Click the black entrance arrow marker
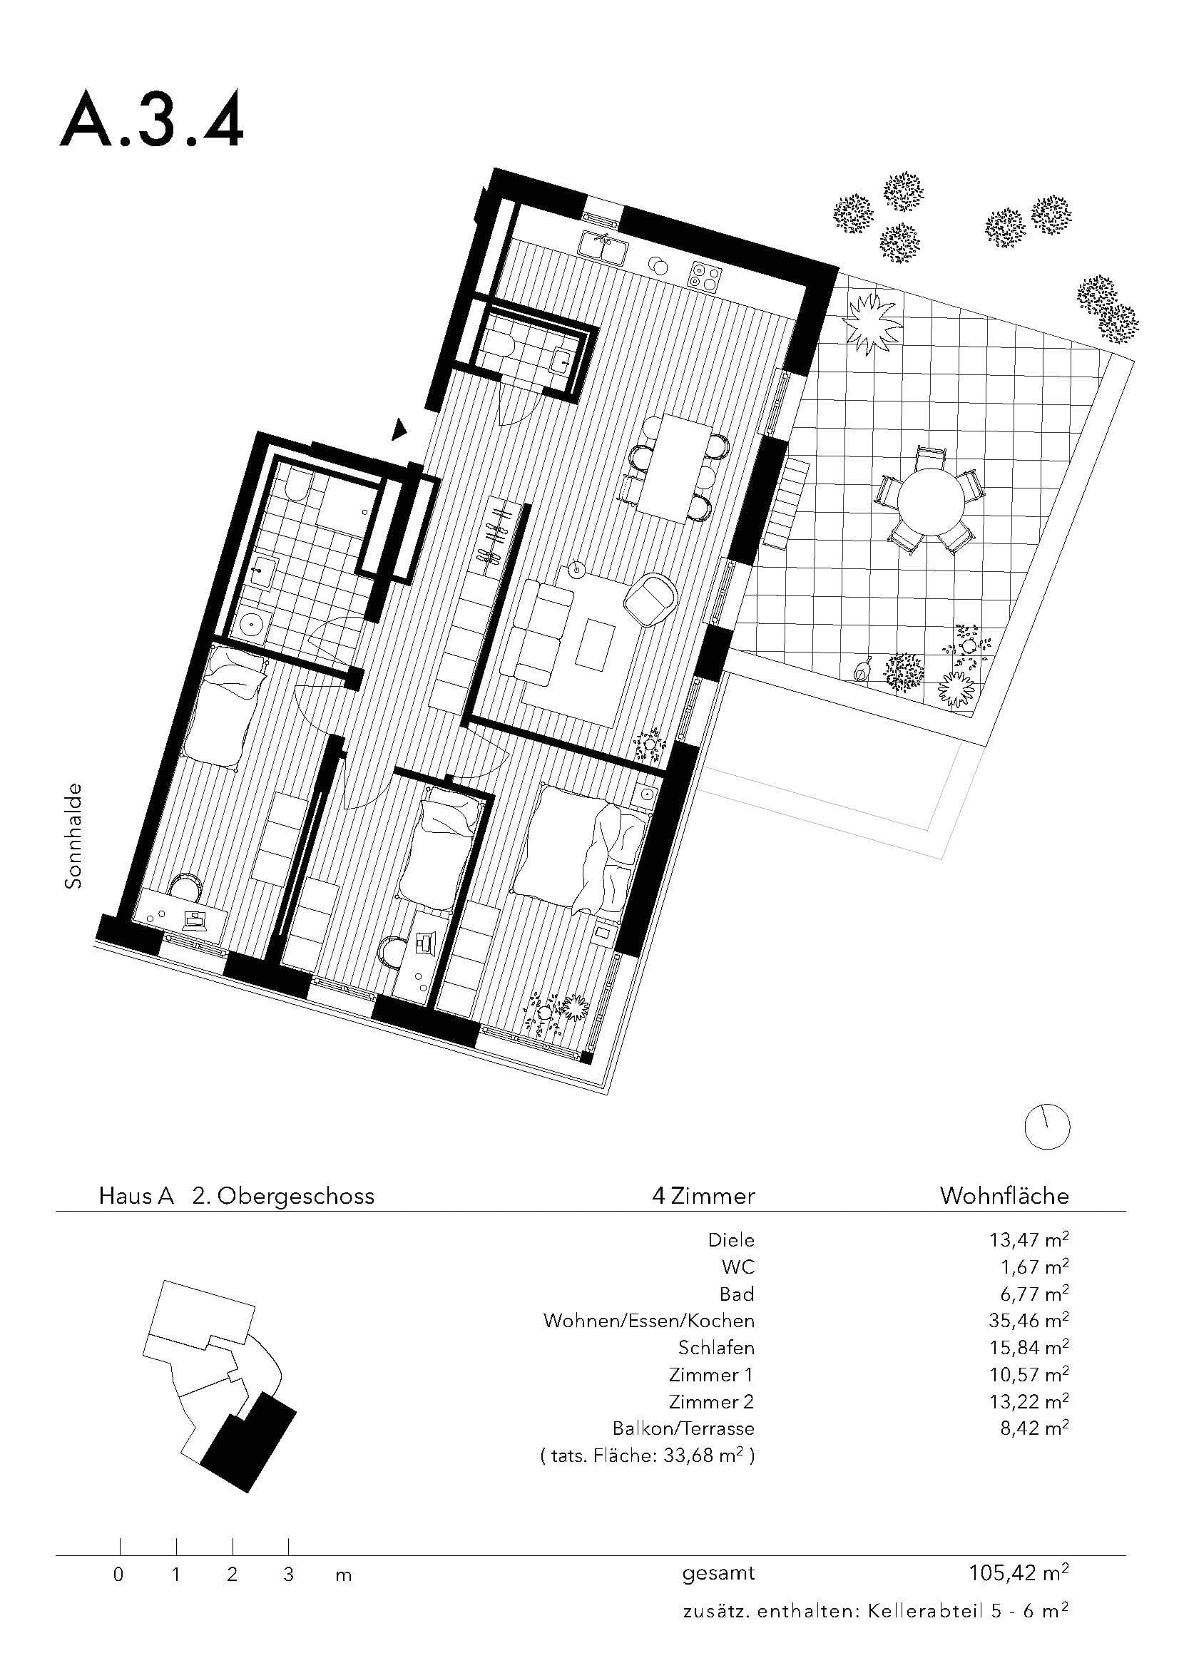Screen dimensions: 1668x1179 (x=398, y=429)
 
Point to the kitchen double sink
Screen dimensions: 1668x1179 (x=602, y=247)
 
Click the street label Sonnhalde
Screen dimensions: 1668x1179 (x=73, y=836)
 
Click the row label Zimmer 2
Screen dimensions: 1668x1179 (x=711, y=1401)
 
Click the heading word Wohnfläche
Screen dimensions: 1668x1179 (x=1004, y=1196)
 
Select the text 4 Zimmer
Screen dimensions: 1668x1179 (x=703, y=1196)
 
